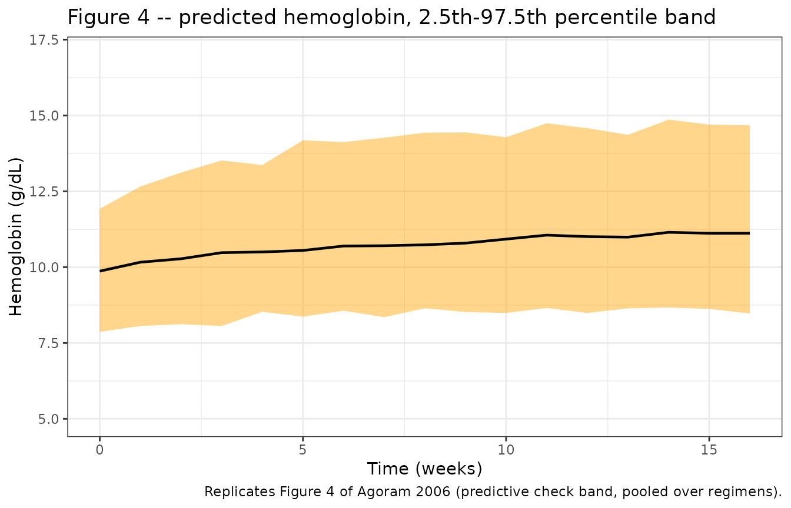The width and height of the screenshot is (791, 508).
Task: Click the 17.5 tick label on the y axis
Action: (x=44, y=40)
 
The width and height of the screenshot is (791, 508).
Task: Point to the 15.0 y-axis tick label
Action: (x=44, y=116)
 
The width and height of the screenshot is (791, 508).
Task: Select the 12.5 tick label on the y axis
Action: (x=44, y=192)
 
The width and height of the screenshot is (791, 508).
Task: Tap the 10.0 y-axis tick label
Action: (x=44, y=268)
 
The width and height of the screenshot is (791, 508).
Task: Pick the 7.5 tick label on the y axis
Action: (x=48, y=343)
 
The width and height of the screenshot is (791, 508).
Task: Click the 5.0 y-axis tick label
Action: (x=48, y=419)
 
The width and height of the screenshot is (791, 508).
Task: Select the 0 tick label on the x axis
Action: (x=100, y=450)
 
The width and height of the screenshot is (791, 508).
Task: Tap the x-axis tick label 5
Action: (x=303, y=450)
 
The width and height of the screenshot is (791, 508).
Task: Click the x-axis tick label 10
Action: (x=506, y=450)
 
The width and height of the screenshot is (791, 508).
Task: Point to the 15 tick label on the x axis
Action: (x=709, y=450)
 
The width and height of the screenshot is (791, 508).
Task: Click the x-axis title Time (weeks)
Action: (x=424, y=469)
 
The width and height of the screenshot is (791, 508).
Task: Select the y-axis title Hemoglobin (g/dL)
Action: (x=16, y=237)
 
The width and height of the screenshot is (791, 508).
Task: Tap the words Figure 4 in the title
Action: (x=108, y=17)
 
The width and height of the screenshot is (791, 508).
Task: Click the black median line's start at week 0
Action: (x=100, y=271)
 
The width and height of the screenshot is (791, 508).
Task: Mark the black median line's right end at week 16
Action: (x=749, y=233)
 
